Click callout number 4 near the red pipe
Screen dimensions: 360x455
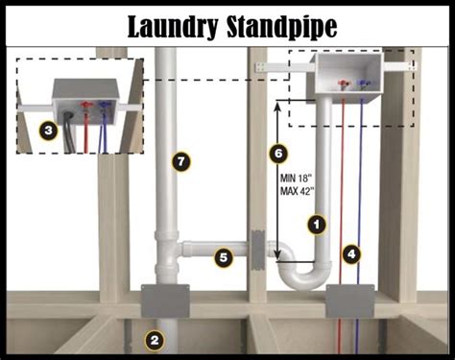353,254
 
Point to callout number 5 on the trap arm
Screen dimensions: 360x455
223,257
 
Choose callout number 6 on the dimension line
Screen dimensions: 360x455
278,153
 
